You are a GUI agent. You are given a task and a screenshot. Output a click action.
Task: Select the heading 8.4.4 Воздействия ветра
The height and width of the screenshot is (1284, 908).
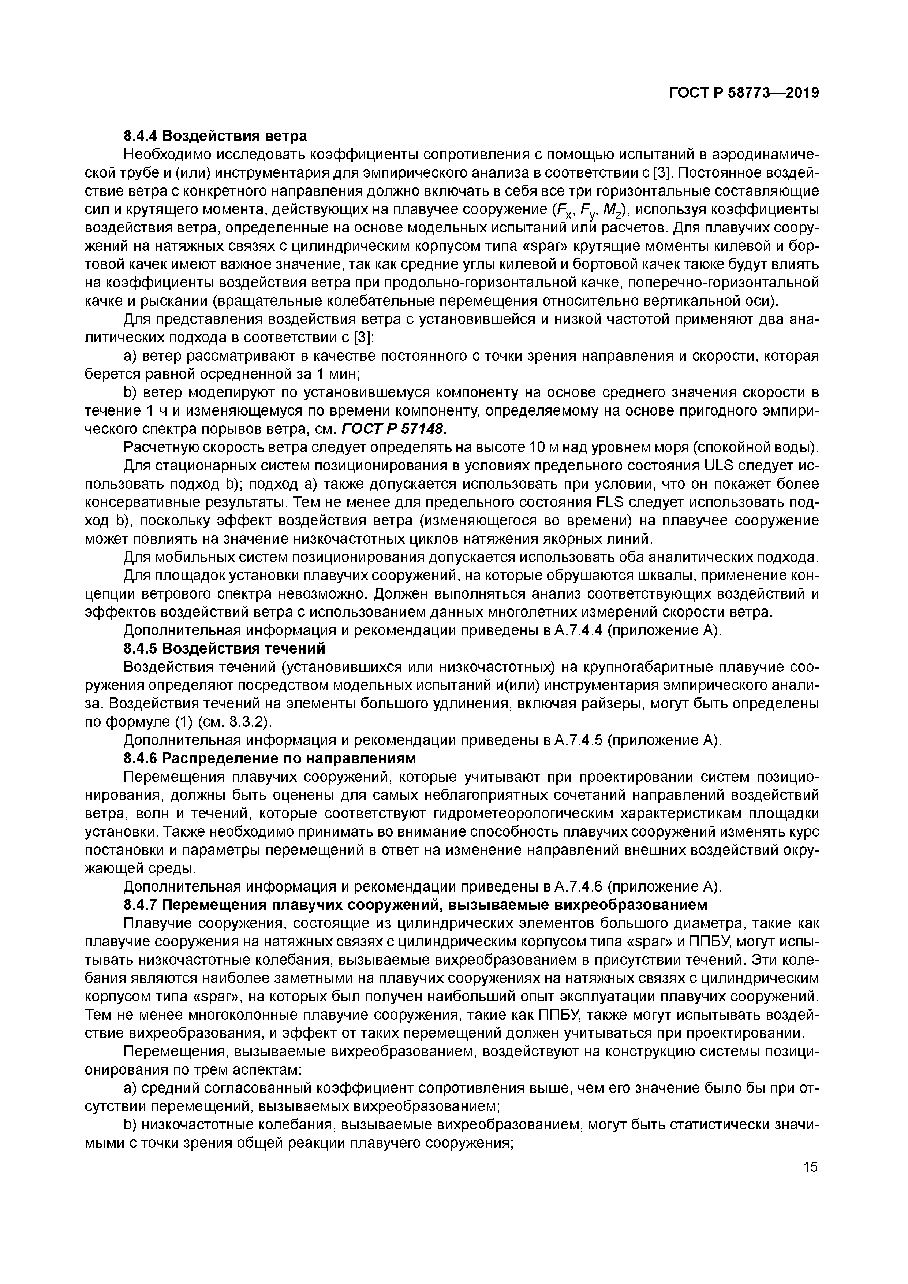[215, 136]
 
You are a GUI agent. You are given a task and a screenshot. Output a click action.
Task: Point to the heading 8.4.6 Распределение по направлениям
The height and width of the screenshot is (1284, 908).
[269, 758]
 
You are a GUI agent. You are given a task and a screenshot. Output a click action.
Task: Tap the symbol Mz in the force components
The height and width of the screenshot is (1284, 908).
[608, 211]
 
